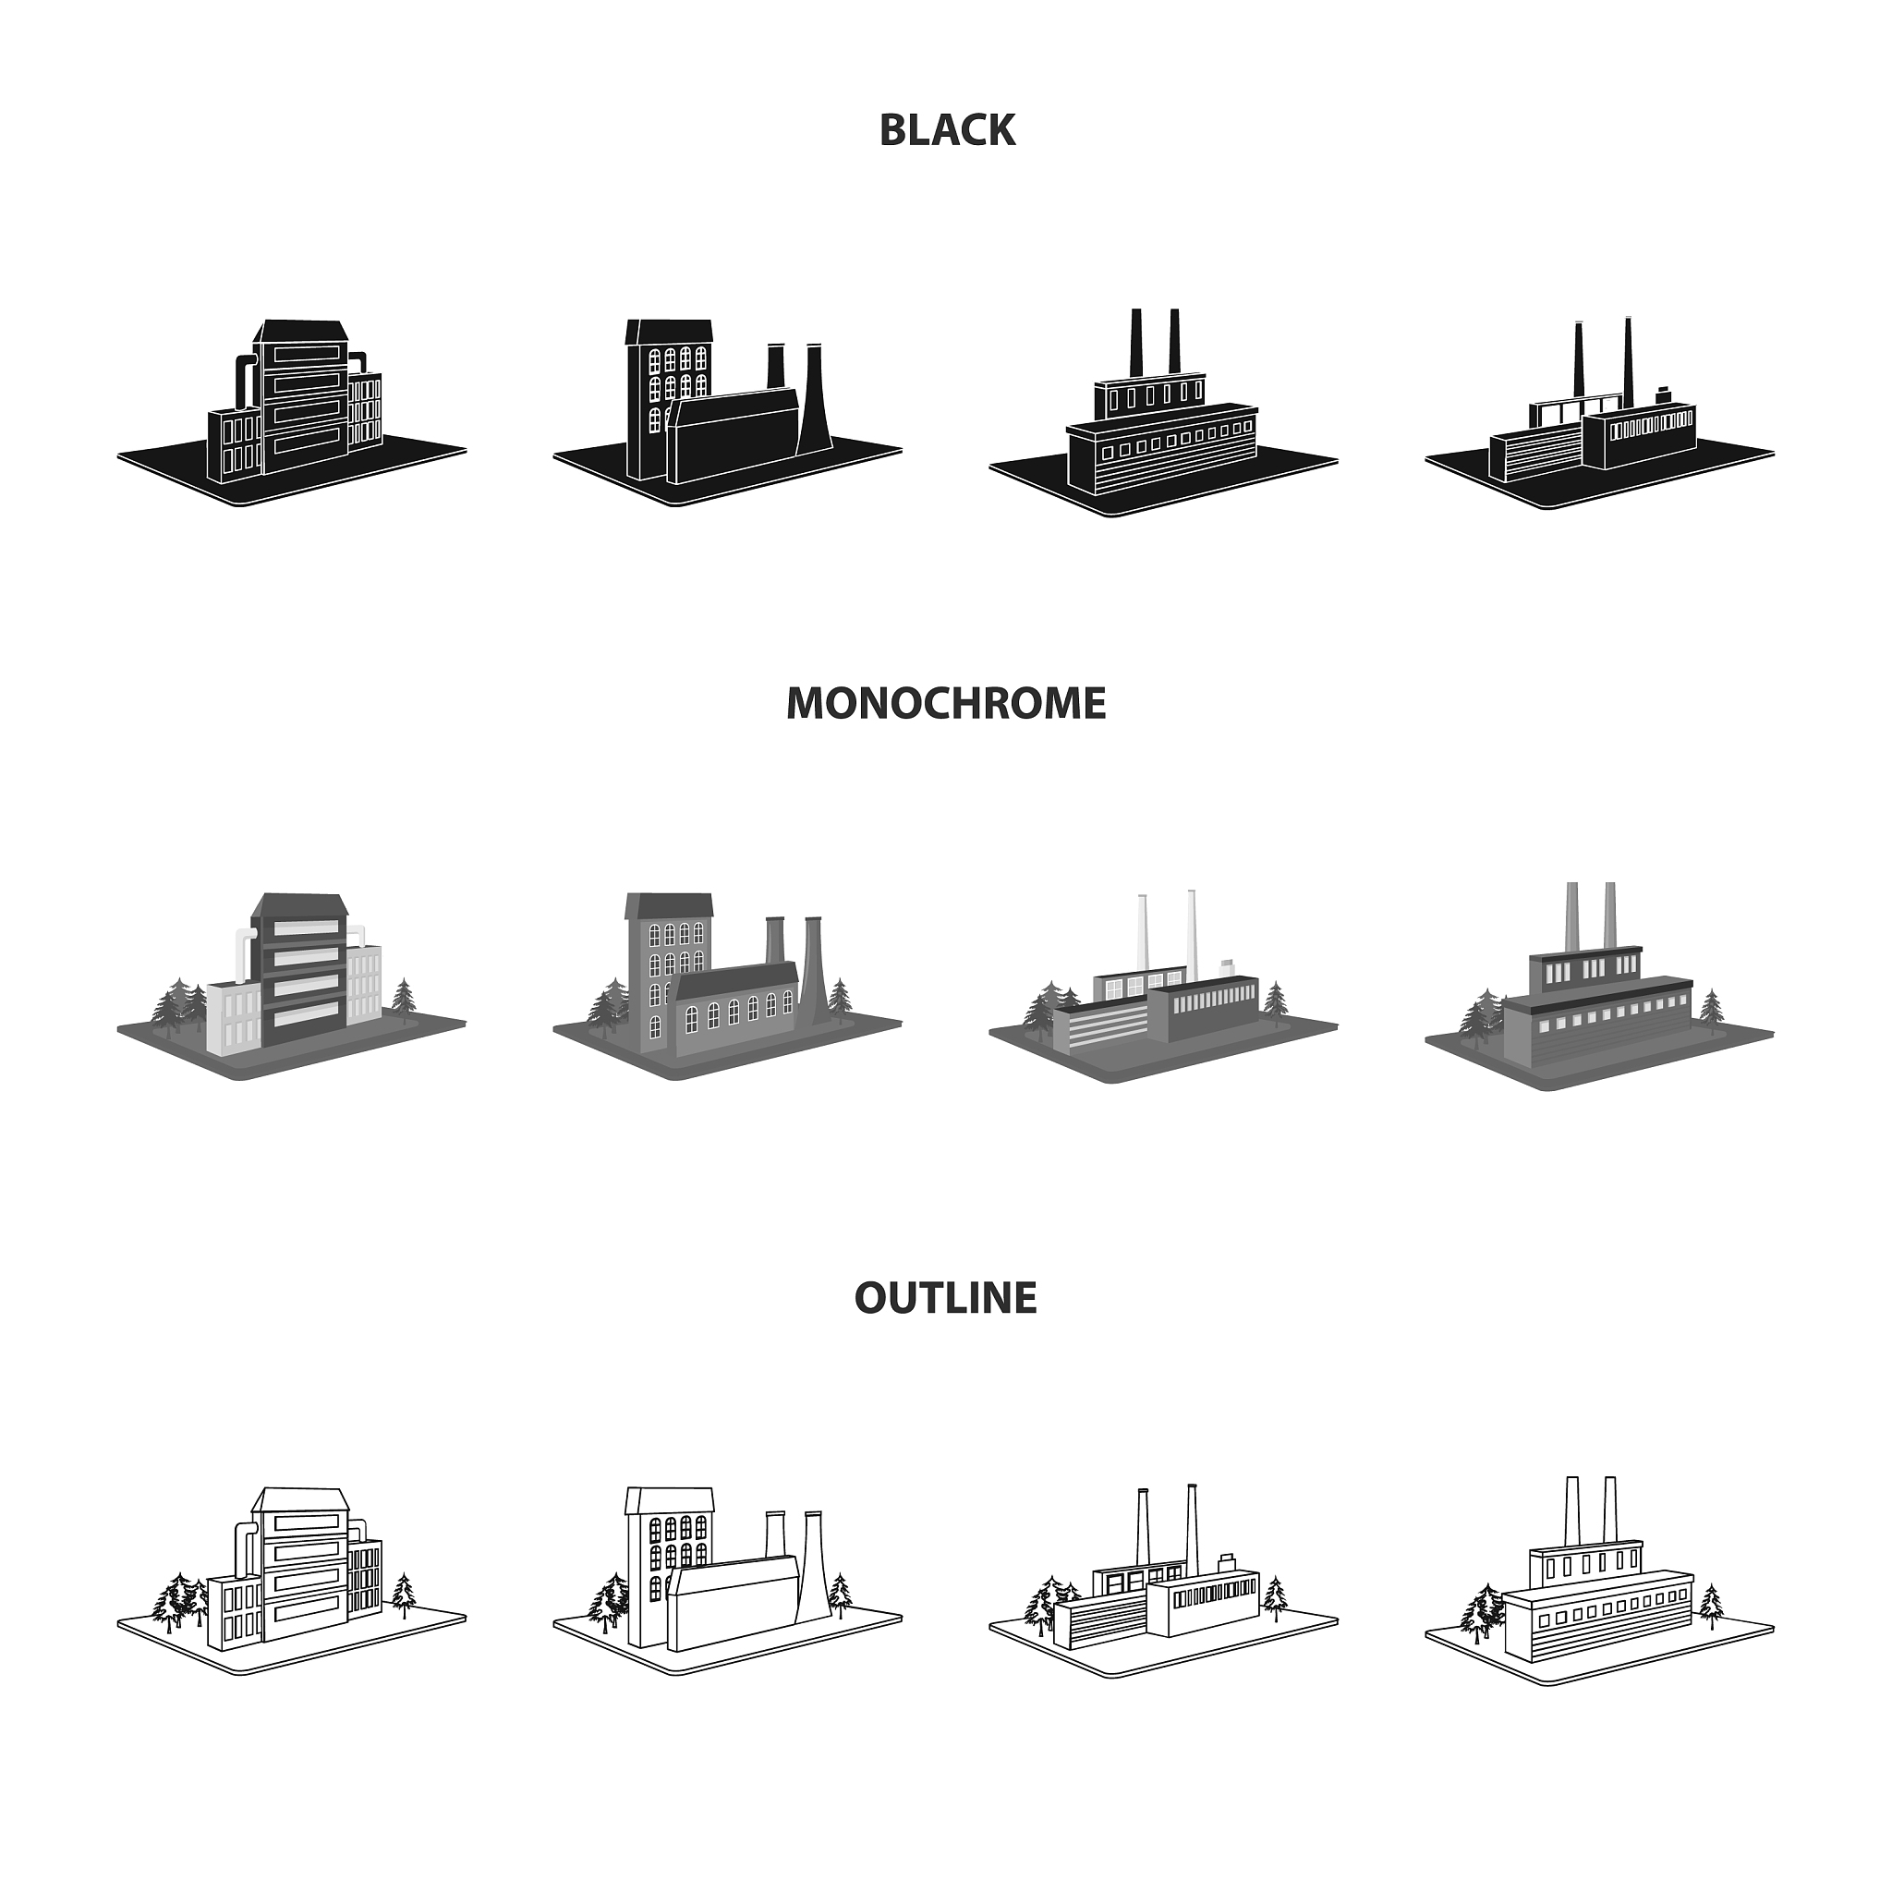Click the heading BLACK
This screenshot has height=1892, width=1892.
946,130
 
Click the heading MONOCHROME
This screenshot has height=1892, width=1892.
946,703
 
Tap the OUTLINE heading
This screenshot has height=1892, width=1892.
946,1298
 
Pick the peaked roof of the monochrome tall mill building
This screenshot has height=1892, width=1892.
670,906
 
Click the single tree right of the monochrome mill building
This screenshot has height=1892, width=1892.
842,997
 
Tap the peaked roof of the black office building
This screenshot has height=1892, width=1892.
298,331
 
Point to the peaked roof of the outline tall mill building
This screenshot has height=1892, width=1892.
670,1501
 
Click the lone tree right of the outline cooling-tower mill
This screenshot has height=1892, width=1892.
842,1595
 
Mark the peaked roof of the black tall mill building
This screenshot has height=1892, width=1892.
670,331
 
